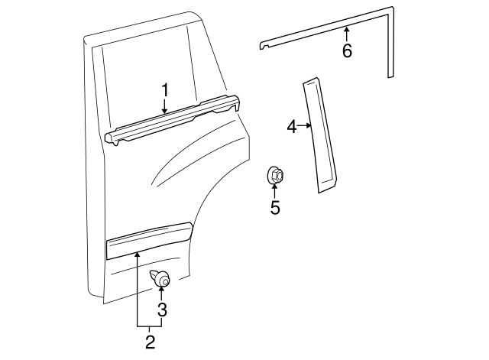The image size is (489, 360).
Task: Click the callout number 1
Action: [x=164, y=90]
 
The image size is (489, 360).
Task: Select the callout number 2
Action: [x=151, y=342]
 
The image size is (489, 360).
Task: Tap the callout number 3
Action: [x=161, y=310]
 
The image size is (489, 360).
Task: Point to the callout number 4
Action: [x=292, y=126]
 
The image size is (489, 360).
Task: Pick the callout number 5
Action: [x=275, y=207]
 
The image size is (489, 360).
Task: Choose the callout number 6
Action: [x=347, y=51]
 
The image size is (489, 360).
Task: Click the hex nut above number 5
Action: [x=276, y=176]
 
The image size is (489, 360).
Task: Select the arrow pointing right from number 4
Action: [x=306, y=126]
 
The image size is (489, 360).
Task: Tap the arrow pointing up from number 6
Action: [x=347, y=33]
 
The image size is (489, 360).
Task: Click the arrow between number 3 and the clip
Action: [x=161, y=294]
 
